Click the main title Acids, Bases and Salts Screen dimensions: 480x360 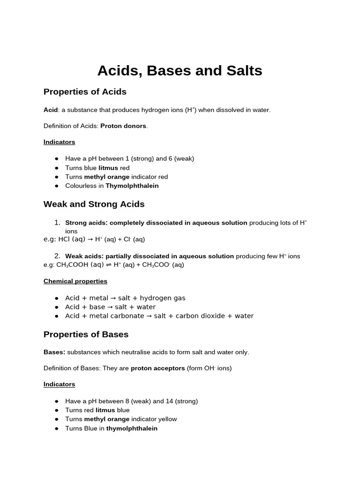pyautogui.click(x=180, y=71)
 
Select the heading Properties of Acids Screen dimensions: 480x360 pyautogui.click(x=85, y=92)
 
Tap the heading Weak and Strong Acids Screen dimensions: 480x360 pyautogui.click(x=94, y=204)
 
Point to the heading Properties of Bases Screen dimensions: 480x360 pyautogui.click(x=86, y=335)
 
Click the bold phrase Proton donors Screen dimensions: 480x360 pyautogui.click(x=123, y=126)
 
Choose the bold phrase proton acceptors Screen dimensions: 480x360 pyautogui.click(x=157, y=368)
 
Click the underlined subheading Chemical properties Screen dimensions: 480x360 pyautogui.click(x=75, y=281)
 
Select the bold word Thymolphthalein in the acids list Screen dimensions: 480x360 pyautogui.click(x=132, y=186)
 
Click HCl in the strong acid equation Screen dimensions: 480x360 pyautogui.click(x=64, y=240)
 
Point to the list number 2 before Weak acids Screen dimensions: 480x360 pyautogui.click(x=57, y=256)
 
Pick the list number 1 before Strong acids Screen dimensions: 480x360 pyautogui.click(x=57, y=223)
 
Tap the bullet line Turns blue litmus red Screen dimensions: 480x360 pyautogui.click(x=97, y=168)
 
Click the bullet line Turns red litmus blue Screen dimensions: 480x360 pyautogui.click(x=97, y=410)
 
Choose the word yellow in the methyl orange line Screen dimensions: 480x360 pyautogui.click(x=168, y=419)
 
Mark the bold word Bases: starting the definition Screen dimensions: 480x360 pyautogui.click(x=54, y=352)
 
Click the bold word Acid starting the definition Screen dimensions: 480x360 pyautogui.click(x=50, y=110)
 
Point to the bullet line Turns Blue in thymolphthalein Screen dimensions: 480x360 pyautogui.click(x=111, y=428)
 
